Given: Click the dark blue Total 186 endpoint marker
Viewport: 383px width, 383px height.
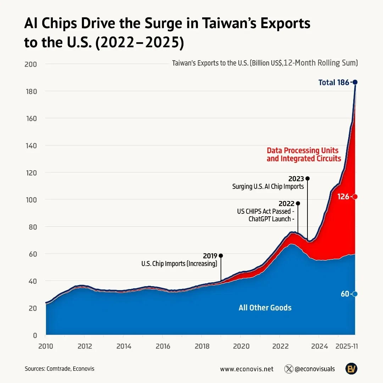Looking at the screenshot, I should point(355,82).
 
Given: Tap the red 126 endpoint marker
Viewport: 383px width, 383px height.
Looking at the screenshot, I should point(355,196).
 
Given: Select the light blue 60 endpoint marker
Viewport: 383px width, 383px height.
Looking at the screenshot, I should point(355,294).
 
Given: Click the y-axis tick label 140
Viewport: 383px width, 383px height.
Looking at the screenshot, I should point(30,145).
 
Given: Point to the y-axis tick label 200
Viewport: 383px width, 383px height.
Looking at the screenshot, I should point(30,64).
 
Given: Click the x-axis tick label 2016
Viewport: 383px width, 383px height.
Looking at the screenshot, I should point(162,345).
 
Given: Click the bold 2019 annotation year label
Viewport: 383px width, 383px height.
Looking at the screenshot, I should point(210,256).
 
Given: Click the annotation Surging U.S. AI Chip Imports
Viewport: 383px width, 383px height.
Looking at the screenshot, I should point(268,186).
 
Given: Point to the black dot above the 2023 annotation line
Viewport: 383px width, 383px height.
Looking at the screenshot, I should point(307,178).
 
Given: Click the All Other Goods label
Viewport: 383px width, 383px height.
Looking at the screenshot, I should point(265,307).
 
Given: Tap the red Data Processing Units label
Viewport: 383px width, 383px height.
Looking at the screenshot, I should point(302,150).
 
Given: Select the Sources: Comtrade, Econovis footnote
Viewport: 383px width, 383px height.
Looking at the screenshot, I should point(60,369).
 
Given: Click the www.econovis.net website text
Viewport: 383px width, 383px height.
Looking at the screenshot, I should point(247,369).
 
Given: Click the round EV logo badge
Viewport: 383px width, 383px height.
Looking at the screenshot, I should point(351,369).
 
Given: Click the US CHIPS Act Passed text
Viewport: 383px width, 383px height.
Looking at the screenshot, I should point(265,211).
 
